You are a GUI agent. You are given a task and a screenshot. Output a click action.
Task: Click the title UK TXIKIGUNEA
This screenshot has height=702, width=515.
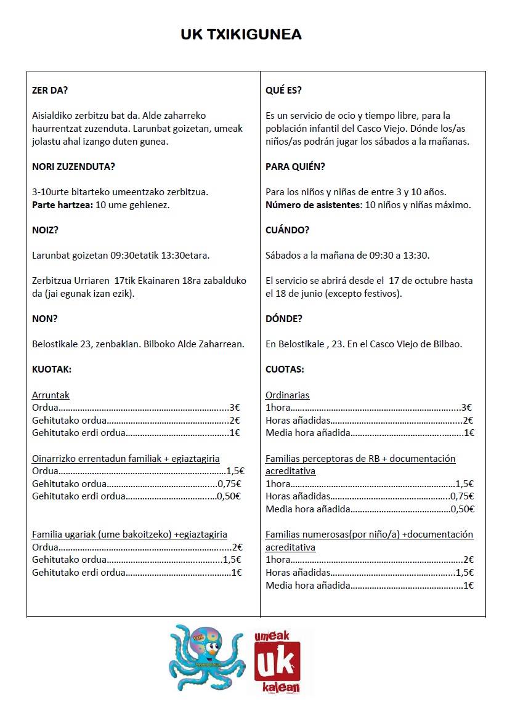pyautogui.click(x=241, y=34)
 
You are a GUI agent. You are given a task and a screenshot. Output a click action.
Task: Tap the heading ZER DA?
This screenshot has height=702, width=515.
pyautogui.click(x=50, y=90)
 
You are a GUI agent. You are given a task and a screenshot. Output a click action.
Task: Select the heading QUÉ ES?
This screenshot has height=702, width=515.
pyautogui.click(x=283, y=90)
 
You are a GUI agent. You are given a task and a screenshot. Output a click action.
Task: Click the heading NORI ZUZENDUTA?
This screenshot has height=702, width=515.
pyautogui.click(x=73, y=166)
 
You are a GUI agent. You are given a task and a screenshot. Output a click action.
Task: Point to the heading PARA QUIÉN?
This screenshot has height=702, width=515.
pyautogui.click(x=295, y=166)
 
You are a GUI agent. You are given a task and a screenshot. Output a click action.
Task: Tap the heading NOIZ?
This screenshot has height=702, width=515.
pyautogui.click(x=46, y=230)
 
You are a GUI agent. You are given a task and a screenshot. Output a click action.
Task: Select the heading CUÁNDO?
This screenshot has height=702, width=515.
pyautogui.click(x=287, y=230)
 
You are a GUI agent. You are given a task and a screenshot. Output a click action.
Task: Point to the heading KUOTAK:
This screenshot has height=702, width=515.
pyautogui.click(x=52, y=369)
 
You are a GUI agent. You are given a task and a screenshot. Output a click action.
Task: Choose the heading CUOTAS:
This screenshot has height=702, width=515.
pyautogui.click(x=285, y=369)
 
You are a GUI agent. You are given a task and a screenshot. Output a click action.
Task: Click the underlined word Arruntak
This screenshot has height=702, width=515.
pyautogui.click(x=51, y=395)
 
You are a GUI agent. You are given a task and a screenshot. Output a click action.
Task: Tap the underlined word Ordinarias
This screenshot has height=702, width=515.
pyautogui.click(x=287, y=395)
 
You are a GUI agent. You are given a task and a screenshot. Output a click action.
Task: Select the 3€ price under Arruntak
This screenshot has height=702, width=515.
pyautogui.click(x=234, y=408)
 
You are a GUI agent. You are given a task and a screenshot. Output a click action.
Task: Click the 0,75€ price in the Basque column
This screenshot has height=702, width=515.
pyautogui.click(x=229, y=483)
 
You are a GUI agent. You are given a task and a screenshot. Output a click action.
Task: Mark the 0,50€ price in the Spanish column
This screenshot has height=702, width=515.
pyautogui.click(x=462, y=509)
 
